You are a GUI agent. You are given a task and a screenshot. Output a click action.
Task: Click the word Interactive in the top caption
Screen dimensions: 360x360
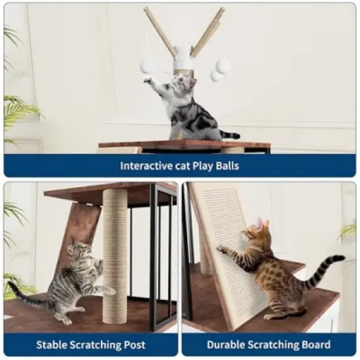point(145,166)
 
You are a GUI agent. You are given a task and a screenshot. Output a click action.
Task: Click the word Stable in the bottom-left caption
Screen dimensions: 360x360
point(52,344)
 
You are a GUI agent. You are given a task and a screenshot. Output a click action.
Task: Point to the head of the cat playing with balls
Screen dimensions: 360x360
point(182,84)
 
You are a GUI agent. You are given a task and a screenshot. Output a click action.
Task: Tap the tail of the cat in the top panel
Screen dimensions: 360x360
point(229,135)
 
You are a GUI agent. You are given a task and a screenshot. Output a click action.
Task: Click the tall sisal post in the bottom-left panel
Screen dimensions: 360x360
point(115,249)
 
